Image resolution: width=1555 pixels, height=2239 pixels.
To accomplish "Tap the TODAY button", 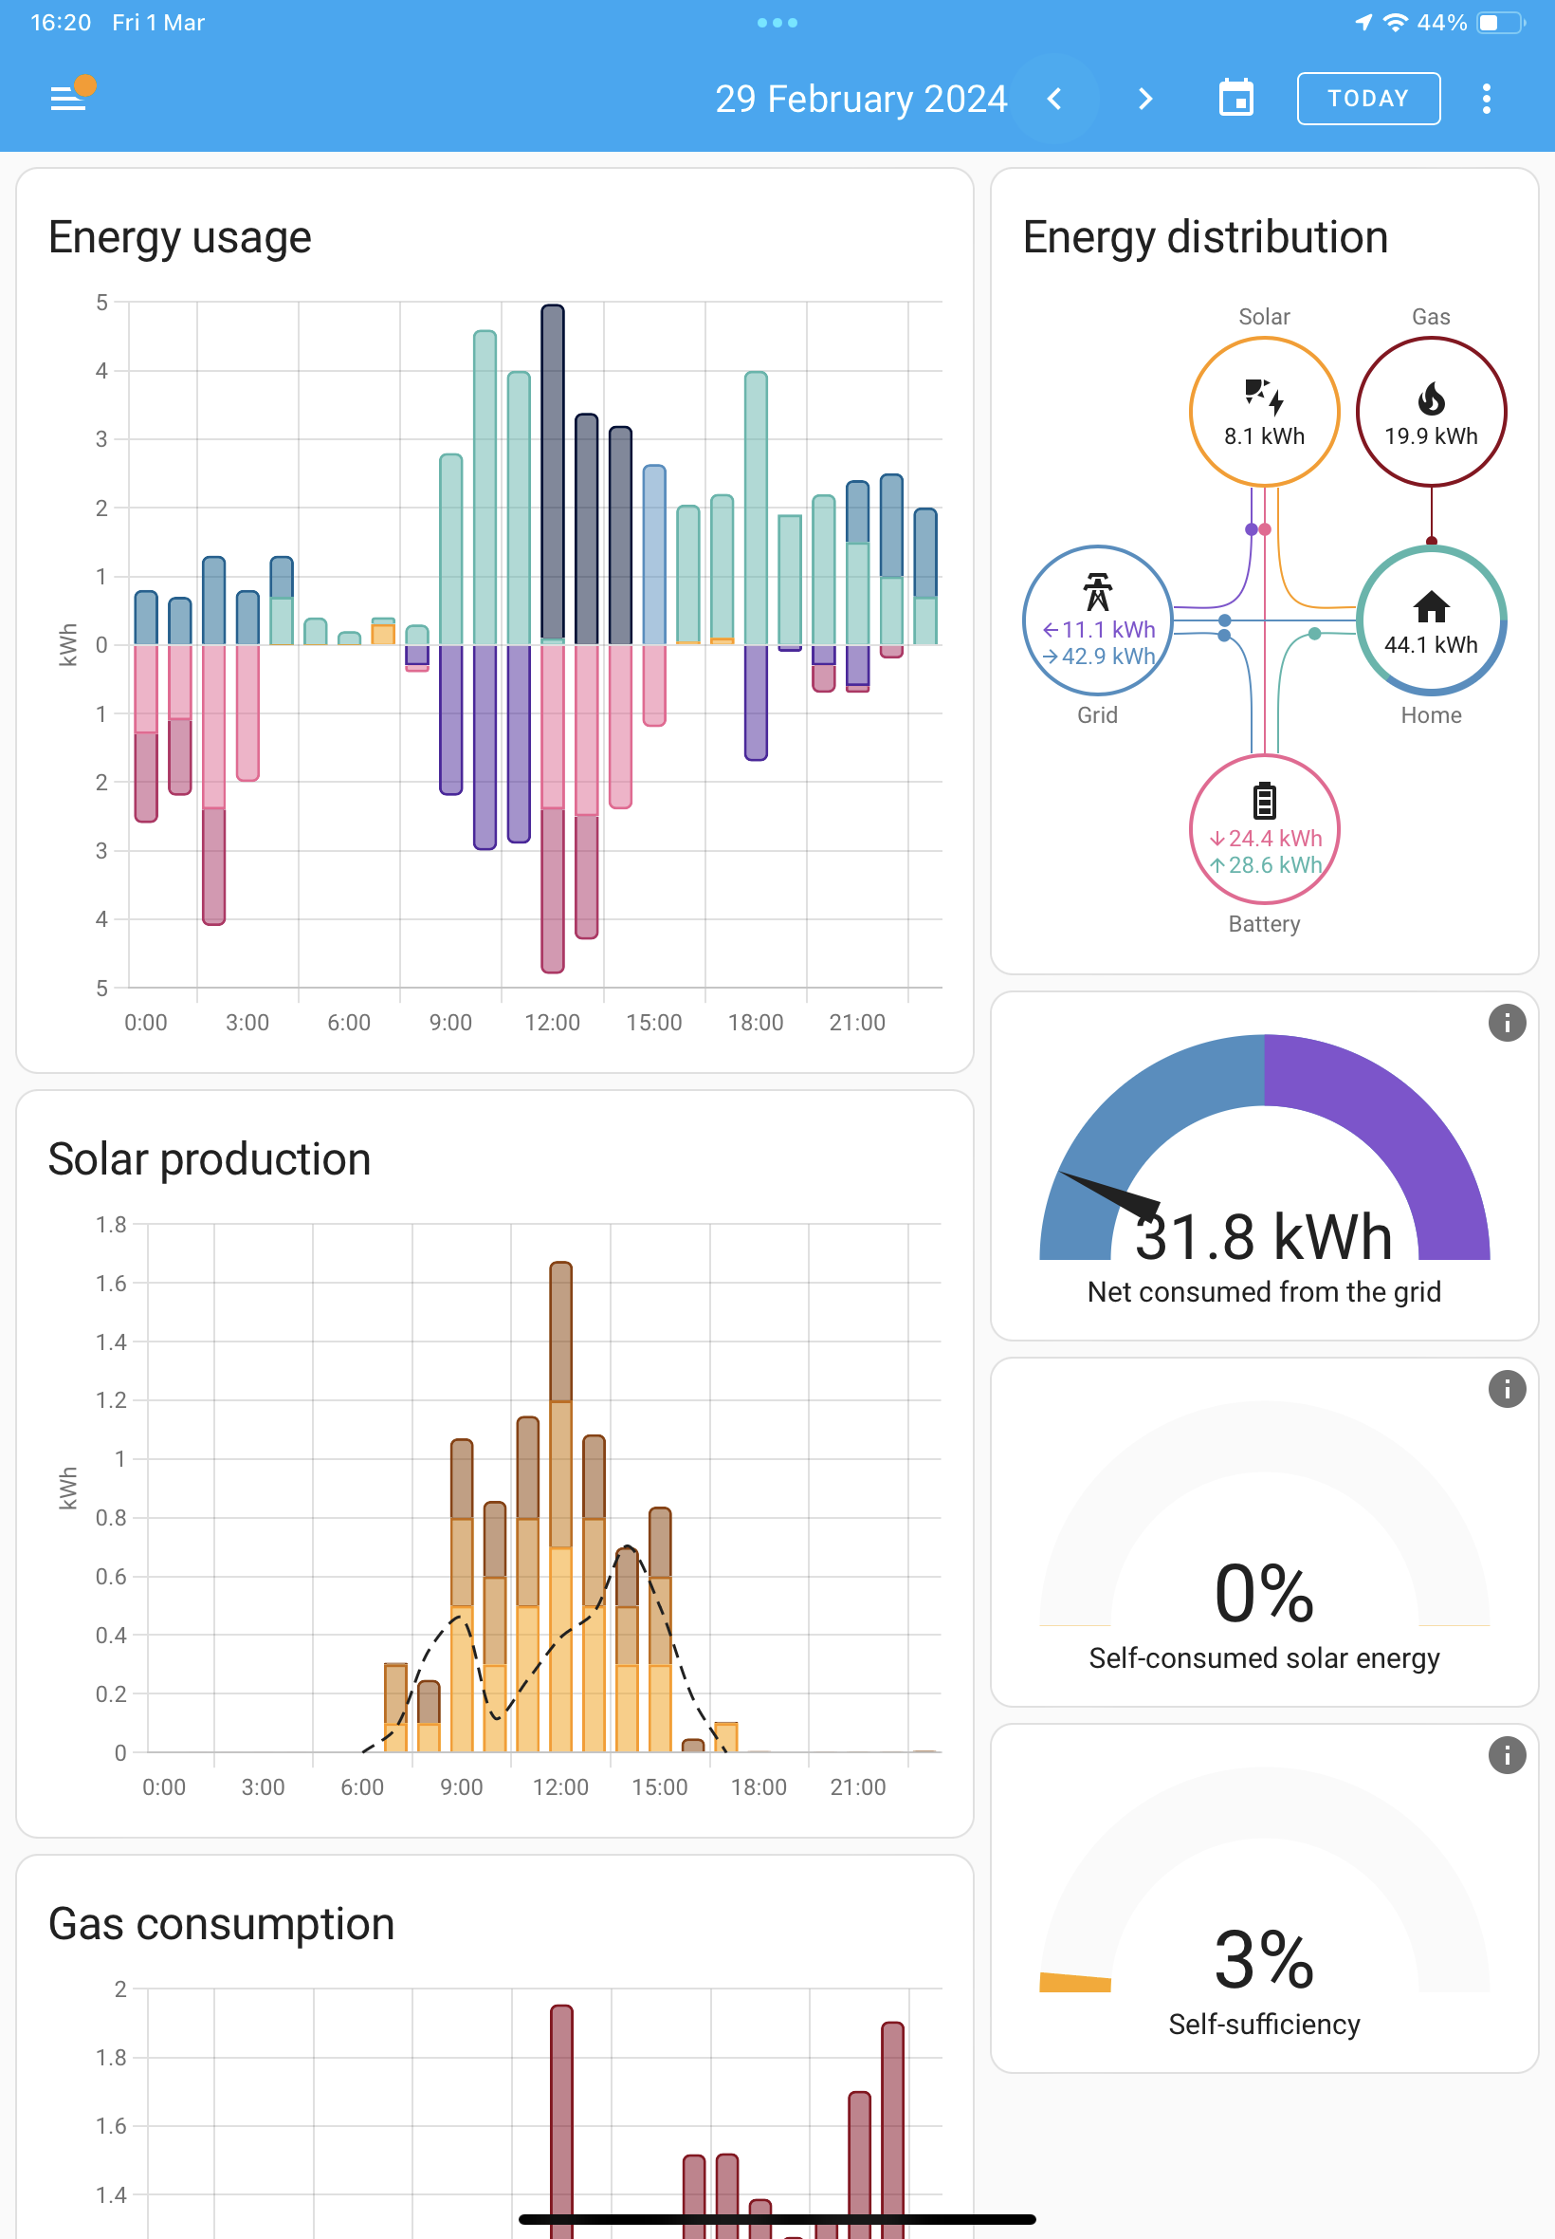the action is coord(1368,99).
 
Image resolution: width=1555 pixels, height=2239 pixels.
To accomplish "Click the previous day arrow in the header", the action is coord(1054,99).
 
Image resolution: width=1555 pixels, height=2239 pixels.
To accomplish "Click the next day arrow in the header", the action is coord(1144,99).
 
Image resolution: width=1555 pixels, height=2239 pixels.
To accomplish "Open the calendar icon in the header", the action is coord(1236,98).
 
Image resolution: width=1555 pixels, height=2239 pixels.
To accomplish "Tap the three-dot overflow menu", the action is coord(1486,99).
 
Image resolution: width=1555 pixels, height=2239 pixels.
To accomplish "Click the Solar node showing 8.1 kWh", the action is coord(1264,412).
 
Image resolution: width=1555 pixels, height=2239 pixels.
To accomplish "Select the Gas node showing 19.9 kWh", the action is coord(1430,412).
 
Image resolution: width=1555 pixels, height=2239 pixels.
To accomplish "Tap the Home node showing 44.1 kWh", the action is coord(1430,620).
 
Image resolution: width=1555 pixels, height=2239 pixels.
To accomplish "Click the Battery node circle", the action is coord(1264,828).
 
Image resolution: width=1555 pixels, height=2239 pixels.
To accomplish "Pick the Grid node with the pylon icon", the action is coord(1097,620).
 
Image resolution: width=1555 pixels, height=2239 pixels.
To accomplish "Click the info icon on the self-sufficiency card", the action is coord(1507,1754).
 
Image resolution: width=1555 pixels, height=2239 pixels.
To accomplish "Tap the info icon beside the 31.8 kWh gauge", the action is coord(1507,1023).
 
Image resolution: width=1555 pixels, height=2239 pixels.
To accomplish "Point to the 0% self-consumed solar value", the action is coord(1264,1593).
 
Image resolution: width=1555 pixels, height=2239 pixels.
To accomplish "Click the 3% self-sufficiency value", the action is coord(1264,1959).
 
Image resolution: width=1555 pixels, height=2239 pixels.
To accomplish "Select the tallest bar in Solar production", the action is coord(560,1506).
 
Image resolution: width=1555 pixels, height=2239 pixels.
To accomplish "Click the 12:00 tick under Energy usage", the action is coord(552,1023).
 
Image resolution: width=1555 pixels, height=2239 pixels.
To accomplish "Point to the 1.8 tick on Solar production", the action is coord(111,1224).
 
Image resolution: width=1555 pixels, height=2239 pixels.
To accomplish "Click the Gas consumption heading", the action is coord(221,1924).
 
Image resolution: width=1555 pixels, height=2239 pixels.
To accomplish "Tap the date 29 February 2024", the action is coord(860,99).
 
